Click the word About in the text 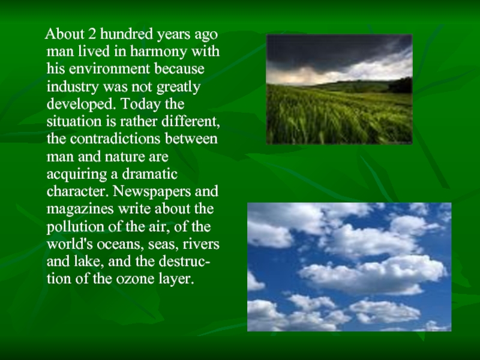(x=65, y=34)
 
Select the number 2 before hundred (x=92, y=34)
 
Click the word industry (x=73, y=86)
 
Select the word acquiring (x=77, y=175)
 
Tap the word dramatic (x=149, y=174)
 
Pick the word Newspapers (x=152, y=192)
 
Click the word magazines (x=80, y=209)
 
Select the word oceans (x=121, y=245)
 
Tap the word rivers (x=201, y=244)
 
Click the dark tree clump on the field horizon (x=400, y=86)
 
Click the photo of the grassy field (x=339, y=89)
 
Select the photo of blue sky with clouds (x=349, y=267)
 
